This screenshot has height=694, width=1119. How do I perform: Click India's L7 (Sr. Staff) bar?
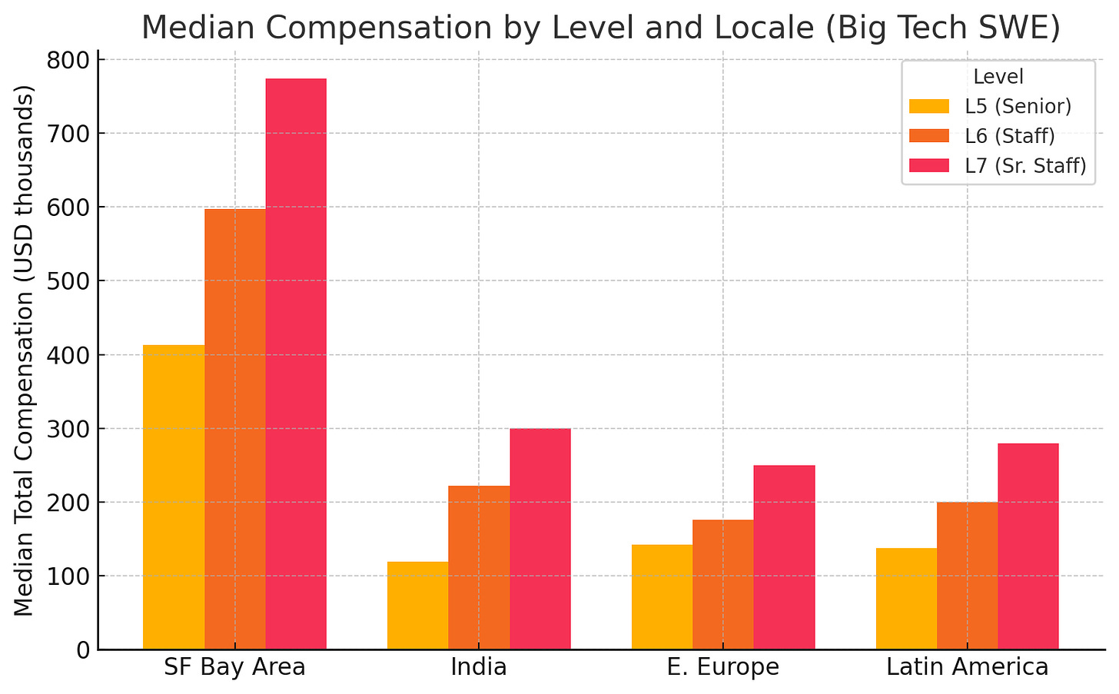[540, 539]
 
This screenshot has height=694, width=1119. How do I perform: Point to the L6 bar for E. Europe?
[722, 584]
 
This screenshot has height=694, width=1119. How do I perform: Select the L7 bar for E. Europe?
[784, 557]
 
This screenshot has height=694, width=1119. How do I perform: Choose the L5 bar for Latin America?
[906, 599]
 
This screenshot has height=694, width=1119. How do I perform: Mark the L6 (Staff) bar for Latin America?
[967, 576]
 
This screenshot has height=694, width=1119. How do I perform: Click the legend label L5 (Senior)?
[1018, 106]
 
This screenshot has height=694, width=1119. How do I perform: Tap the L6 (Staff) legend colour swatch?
[929, 136]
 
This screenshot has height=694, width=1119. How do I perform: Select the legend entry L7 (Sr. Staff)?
[1025, 166]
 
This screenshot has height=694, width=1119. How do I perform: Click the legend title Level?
[998, 77]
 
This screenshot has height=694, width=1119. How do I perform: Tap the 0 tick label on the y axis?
[82, 650]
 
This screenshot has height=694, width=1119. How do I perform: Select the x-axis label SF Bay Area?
[234, 667]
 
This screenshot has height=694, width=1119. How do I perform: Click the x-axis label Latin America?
[967, 667]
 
